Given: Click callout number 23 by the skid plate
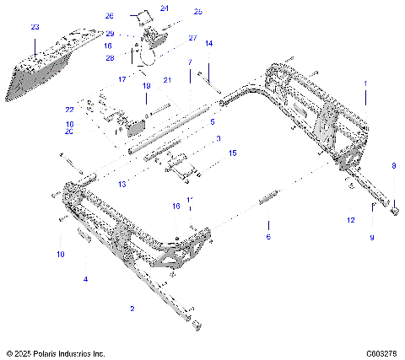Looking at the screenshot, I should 35,27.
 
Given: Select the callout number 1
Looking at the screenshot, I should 365,84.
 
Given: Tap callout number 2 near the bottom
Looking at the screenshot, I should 132,309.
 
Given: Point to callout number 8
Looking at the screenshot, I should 392,166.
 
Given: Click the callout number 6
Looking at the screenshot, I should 268,238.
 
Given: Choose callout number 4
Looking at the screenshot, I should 84,278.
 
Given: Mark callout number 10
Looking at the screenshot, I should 60,254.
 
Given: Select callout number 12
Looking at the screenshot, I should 350,220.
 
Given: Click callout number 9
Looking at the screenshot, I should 370,238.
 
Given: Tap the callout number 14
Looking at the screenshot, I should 209,43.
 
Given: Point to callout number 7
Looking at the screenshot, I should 190,63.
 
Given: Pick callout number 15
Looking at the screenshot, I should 233,153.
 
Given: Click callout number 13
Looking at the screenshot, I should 121,183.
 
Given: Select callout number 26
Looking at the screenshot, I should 132,16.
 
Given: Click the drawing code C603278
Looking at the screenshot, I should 381,353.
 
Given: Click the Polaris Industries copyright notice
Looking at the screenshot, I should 56,353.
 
